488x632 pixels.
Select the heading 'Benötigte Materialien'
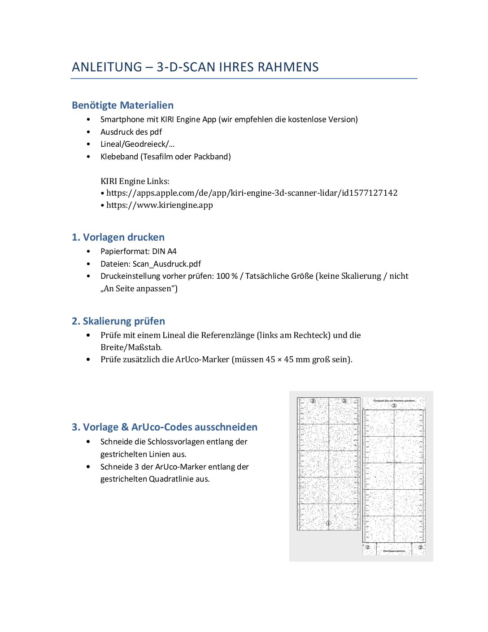pos(122,105)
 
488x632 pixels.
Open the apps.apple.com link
pos(252,193)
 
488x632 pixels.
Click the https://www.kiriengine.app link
pos(159,205)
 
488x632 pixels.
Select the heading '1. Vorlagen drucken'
pos(118,237)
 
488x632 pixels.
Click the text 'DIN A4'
pos(164,251)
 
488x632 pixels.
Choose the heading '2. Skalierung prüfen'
pos(118,321)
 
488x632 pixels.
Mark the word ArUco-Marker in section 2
pos(202,360)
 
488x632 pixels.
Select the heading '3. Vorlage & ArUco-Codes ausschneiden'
pos(165,427)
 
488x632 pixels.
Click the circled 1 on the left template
pos(328,523)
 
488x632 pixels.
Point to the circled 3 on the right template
pos(394,406)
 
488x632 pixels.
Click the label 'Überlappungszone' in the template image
pos(394,551)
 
